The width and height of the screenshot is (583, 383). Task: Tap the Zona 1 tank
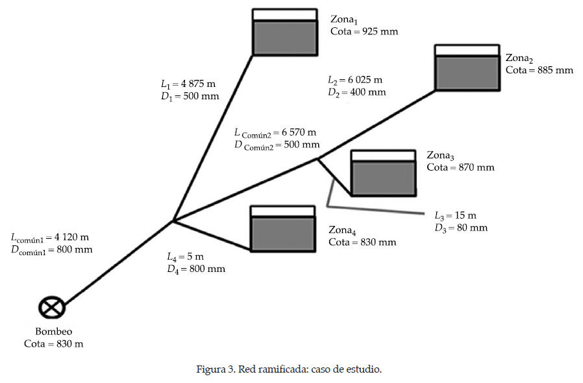click(x=285, y=32)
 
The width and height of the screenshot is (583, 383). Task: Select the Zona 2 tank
click(x=467, y=68)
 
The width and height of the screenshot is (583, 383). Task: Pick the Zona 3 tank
click(x=382, y=173)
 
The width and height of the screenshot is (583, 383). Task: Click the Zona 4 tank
click(x=282, y=229)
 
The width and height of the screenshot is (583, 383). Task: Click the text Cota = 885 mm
click(x=539, y=70)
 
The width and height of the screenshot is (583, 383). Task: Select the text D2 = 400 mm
click(x=356, y=92)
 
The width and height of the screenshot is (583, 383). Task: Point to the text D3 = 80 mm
click(x=461, y=228)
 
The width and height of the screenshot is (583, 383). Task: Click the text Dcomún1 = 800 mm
click(x=51, y=249)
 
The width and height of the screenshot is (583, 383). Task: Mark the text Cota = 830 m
click(x=53, y=344)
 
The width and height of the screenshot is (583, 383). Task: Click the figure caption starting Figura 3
click(x=289, y=369)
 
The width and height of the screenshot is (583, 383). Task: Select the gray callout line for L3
click(x=377, y=210)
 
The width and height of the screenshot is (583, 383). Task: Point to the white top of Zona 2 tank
click(x=467, y=50)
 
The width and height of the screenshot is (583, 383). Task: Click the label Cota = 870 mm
click(x=460, y=167)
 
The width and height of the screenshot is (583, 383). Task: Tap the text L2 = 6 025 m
click(x=355, y=80)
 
